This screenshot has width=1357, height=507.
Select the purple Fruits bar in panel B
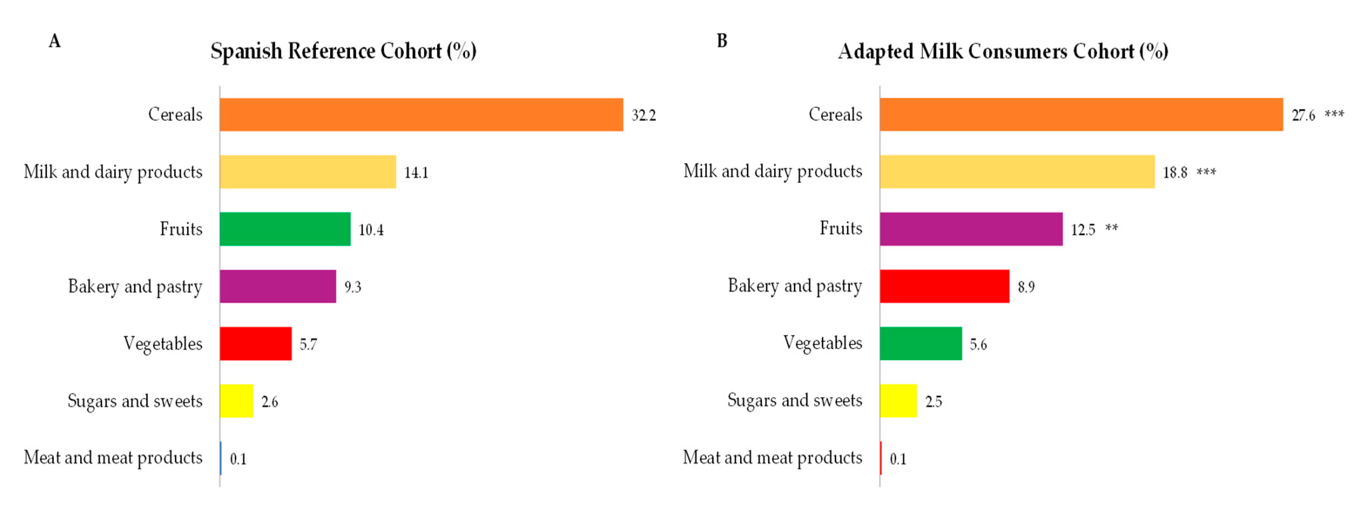pyautogui.click(x=971, y=229)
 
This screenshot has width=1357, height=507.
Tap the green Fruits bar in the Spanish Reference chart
pyautogui.click(x=285, y=229)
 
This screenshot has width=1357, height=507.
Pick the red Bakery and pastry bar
pyautogui.click(x=945, y=286)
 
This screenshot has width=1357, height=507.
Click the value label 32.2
pyautogui.click(x=644, y=115)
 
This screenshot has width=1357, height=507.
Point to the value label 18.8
pyautogui.click(x=1175, y=173)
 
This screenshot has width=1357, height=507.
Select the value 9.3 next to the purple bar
pyautogui.click(x=353, y=287)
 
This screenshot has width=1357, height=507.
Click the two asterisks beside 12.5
pyautogui.click(x=1112, y=229)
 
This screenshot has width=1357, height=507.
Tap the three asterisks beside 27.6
pyautogui.click(x=1334, y=114)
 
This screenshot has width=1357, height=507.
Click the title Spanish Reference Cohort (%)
pyautogui.click(x=344, y=51)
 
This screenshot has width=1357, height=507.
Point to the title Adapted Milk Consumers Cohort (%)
pyautogui.click(x=1003, y=51)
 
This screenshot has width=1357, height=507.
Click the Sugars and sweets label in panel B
pyautogui.click(x=795, y=401)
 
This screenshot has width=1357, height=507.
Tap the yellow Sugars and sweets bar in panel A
pyautogui.click(x=236, y=401)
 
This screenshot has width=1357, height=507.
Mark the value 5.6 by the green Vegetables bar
pyautogui.click(x=978, y=344)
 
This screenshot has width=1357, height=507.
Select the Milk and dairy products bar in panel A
pyautogui.click(x=308, y=172)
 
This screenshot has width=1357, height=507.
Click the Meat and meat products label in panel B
pyautogui.click(x=772, y=457)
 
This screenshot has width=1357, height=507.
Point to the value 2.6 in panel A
pyautogui.click(x=269, y=402)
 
